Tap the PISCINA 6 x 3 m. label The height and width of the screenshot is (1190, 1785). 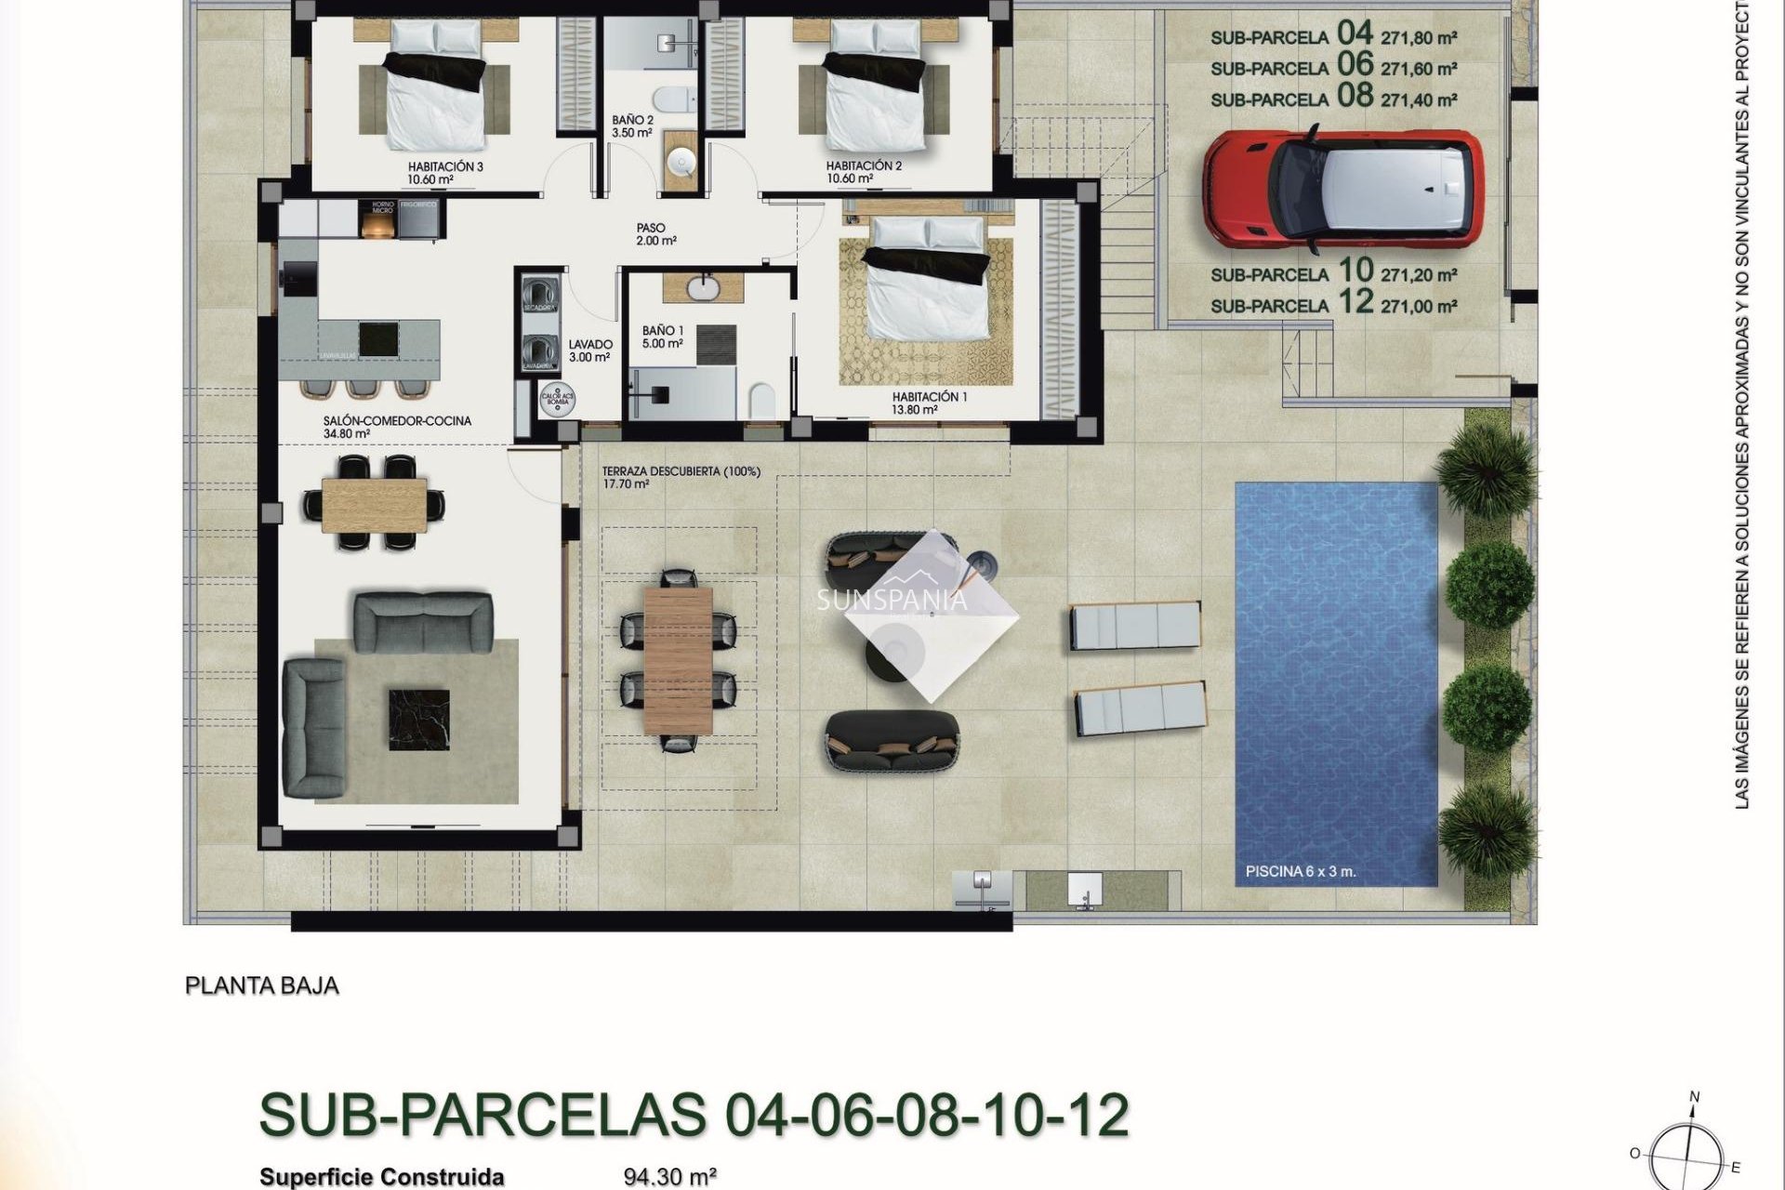tap(1300, 872)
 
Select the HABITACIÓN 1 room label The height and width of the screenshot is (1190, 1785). tap(929, 397)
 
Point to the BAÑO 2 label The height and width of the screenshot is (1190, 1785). tap(632, 121)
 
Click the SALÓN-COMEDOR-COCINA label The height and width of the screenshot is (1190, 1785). tap(397, 421)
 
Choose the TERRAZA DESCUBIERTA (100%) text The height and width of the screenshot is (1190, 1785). tap(681, 471)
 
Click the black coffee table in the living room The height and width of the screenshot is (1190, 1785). tap(418, 718)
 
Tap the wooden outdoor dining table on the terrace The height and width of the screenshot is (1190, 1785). tap(678, 659)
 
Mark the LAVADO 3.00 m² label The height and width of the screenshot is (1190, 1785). tap(589, 350)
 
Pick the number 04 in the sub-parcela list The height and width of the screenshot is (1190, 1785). tap(1354, 34)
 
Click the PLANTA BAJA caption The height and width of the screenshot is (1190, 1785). tap(262, 985)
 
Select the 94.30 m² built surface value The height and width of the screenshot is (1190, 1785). tap(669, 1177)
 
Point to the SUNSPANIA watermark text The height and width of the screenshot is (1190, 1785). tap(892, 601)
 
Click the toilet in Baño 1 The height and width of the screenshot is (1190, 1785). tap(761, 401)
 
